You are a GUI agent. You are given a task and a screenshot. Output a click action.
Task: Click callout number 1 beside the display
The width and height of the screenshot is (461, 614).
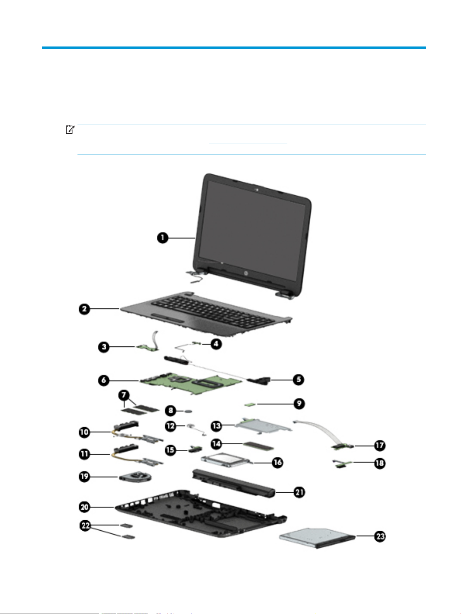(x=163, y=237)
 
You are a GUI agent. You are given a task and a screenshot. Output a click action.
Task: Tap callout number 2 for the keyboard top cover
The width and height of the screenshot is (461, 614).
(x=84, y=309)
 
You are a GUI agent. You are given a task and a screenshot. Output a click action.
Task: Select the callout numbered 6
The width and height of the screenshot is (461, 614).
(x=103, y=380)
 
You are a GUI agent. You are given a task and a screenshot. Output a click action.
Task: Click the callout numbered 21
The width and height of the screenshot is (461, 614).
(x=299, y=492)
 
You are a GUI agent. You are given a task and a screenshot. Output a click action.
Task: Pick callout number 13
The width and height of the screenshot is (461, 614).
(x=216, y=426)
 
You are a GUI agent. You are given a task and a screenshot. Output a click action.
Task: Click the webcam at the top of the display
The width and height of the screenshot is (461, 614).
(x=257, y=190)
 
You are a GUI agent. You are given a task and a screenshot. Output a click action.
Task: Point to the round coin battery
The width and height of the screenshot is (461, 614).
(x=189, y=409)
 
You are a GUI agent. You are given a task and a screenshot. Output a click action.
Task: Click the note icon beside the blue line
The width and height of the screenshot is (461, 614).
(x=70, y=130)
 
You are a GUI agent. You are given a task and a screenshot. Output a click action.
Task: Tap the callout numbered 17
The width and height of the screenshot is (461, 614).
(x=380, y=445)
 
